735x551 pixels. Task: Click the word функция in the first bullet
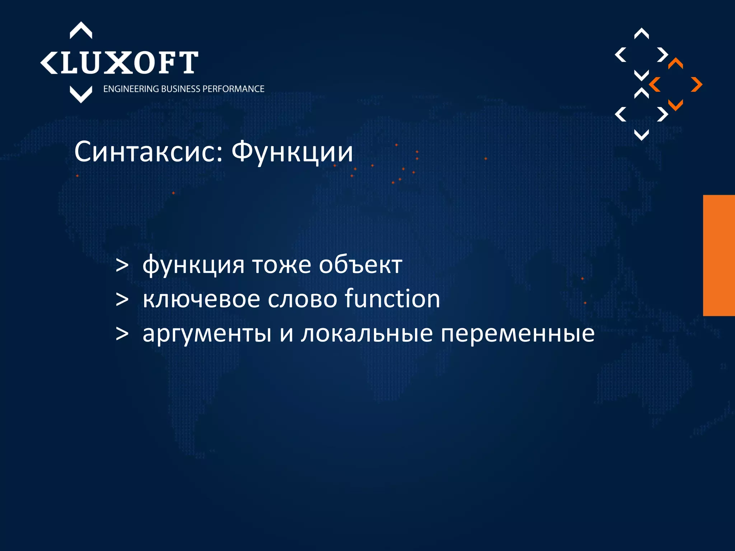(193, 265)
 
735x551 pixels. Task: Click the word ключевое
(201, 299)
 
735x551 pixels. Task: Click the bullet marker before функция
(122, 266)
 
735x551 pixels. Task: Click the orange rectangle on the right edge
(719, 255)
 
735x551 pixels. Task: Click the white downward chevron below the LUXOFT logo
(81, 94)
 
